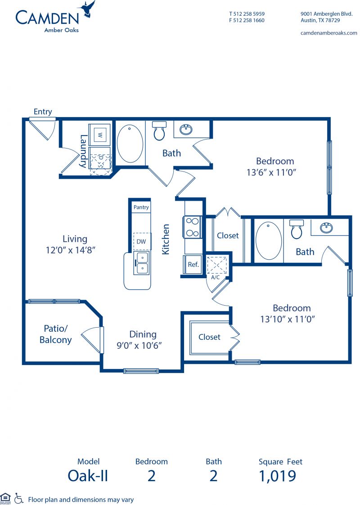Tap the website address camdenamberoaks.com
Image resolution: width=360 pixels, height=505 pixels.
[x=329, y=33]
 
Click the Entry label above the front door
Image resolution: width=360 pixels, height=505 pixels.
[x=43, y=112]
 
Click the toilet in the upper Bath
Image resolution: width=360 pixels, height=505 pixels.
[x=159, y=131]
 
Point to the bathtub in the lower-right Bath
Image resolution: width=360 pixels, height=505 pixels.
[x=269, y=240]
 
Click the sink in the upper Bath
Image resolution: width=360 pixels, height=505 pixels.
[x=186, y=129]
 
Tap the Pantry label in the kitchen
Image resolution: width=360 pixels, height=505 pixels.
[x=141, y=207]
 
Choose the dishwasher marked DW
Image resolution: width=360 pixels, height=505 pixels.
[x=141, y=242]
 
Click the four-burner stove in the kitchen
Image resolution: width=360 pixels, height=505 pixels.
[x=193, y=227]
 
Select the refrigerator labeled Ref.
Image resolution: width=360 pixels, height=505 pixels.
[x=193, y=264]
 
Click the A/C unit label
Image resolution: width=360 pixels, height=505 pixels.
[x=216, y=277]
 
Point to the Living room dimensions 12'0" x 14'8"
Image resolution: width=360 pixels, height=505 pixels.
[x=71, y=250]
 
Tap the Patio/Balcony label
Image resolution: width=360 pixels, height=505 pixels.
[x=55, y=334]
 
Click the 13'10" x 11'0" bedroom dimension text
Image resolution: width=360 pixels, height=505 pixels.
[x=288, y=319]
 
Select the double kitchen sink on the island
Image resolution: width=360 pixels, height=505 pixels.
[x=142, y=263]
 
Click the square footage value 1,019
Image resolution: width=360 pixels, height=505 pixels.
[x=278, y=476]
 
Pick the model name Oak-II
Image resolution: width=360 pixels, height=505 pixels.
[x=88, y=476]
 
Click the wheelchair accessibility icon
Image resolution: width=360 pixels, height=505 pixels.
[x=19, y=498]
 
